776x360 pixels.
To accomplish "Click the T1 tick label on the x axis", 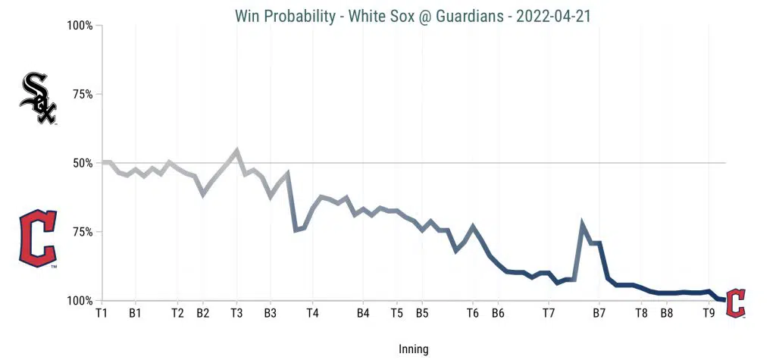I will (101, 312).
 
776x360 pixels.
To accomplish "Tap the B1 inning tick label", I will (136, 312).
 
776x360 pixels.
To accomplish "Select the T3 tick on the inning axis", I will (236, 312).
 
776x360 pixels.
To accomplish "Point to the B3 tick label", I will (271, 312).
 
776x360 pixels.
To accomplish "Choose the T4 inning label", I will (312, 312).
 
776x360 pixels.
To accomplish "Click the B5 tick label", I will (422, 312).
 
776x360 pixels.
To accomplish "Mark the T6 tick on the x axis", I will (472, 312).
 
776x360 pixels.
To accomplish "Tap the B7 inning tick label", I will (599, 312).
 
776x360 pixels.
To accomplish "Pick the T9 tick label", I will (709, 312).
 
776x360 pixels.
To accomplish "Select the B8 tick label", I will (667, 312).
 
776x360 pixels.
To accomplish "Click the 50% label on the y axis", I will (80, 163).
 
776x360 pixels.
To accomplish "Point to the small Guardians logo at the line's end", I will (736, 302).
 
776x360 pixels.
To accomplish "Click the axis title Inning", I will (413, 349).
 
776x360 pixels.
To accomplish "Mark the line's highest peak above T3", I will (237, 150).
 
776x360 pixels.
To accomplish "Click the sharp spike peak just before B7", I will (582, 224).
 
